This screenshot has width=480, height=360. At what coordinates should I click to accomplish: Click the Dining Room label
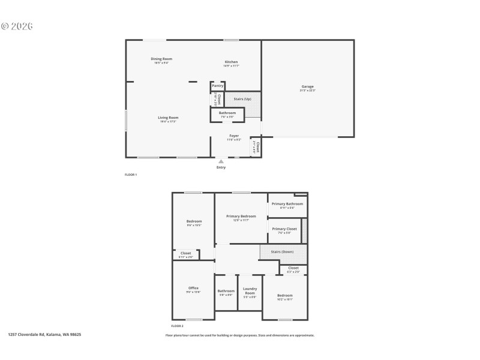point(161,59)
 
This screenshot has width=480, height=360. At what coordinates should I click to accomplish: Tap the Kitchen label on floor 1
point(231,62)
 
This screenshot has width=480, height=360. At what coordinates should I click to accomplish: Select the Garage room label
point(307,86)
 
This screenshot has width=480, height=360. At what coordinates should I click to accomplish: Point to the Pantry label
point(217,86)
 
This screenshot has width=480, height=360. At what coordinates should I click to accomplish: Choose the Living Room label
point(168,118)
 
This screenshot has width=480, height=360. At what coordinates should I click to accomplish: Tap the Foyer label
point(234,136)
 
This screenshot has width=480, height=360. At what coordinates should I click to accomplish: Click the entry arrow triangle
point(221,161)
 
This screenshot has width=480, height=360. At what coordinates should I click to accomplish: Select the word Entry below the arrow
point(221,167)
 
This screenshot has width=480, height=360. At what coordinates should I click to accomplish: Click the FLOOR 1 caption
point(131,175)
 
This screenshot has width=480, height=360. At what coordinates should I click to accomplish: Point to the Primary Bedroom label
point(241,216)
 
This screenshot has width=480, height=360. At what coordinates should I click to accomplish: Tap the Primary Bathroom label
point(287,204)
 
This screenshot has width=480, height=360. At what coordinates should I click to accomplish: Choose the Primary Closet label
point(284,229)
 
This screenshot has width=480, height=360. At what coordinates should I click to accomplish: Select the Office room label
point(193,288)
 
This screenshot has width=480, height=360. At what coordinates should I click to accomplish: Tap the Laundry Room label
point(250,290)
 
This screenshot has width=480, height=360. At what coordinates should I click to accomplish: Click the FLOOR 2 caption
point(177,325)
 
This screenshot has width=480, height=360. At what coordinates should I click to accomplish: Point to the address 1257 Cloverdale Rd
point(44,335)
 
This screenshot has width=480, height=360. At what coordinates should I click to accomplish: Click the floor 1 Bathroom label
point(227,113)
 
